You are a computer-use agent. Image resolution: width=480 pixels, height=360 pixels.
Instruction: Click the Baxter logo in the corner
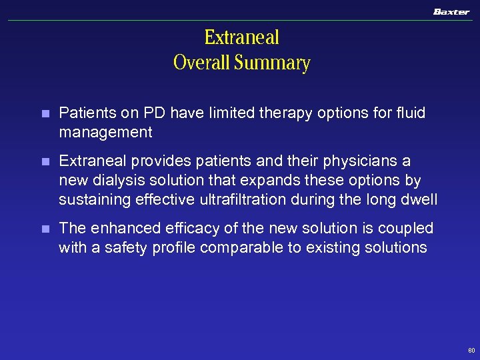tap(451, 11)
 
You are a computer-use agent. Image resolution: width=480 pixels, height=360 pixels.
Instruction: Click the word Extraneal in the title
tap(241, 37)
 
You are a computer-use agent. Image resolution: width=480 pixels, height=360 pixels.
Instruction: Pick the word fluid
tap(409, 114)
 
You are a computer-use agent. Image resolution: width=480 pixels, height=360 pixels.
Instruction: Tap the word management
tap(105, 133)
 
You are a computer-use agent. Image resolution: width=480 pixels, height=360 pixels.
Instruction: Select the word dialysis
tap(116, 181)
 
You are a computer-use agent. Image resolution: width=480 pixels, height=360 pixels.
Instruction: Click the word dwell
tap(419, 199)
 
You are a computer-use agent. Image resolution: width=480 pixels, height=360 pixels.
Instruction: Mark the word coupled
tap(407, 229)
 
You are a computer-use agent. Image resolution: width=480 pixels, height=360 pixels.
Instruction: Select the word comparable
tap(235, 247)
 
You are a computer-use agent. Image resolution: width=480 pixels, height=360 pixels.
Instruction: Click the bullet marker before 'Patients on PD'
tap(45, 114)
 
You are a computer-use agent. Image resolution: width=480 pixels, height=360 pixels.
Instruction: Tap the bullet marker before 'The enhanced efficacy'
tap(45, 229)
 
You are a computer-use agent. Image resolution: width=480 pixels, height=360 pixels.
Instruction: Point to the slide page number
tap(471, 350)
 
